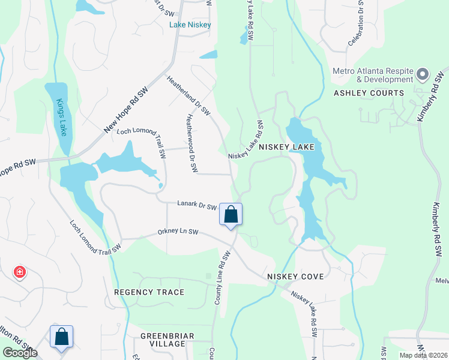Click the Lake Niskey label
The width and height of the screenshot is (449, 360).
(190, 25)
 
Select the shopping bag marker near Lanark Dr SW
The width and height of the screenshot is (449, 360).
(231, 215)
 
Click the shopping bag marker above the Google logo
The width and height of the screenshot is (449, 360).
(62, 337)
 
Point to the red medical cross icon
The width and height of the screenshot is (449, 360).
(20, 272)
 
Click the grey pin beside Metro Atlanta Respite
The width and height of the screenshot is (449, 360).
(422, 75)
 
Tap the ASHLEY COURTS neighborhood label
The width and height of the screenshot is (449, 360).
(369, 93)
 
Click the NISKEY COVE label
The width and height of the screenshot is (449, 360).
(296, 277)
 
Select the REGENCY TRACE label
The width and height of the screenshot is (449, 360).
(149, 292)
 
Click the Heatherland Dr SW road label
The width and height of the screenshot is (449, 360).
(188, 95)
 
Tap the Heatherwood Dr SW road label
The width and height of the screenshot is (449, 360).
(191, 145)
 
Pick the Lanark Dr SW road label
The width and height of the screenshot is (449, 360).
(196, 205)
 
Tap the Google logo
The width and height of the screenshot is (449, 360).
(20, 353)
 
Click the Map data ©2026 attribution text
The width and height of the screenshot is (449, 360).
(421, 355)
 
